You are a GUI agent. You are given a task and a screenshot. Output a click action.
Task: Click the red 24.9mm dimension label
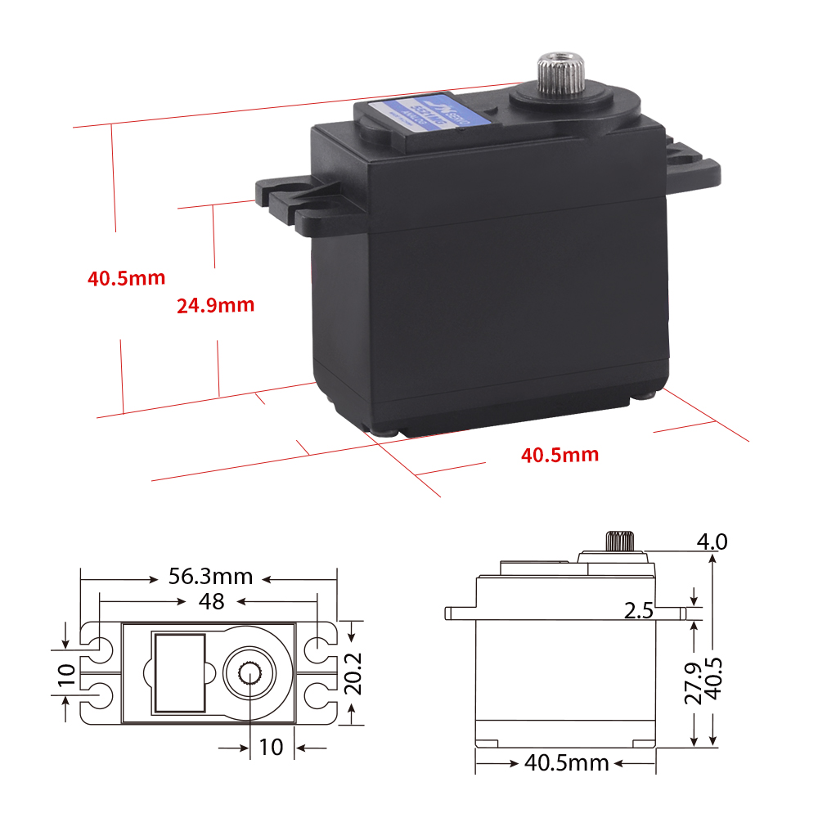215,306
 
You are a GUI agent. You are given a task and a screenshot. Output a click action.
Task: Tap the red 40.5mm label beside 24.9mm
127,278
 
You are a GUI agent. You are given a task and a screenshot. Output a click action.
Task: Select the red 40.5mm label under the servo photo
560,454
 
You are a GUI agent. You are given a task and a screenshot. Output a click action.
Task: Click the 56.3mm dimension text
210,577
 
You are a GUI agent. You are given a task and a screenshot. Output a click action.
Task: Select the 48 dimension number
211,601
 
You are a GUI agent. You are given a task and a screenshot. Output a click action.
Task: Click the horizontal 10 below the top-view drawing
271,746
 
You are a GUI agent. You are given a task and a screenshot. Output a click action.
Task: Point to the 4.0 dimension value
711,542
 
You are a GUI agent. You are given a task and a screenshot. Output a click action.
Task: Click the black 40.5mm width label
566,763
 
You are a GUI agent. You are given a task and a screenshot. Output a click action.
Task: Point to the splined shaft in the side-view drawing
619,542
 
